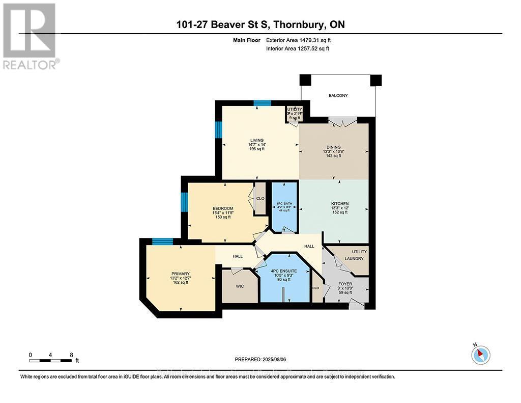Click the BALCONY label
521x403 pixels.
point(338,95)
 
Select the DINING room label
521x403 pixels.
point(334,147)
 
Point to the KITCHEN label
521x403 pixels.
point(339,204)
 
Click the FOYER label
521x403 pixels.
point(345,284)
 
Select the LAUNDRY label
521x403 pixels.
point(355,258)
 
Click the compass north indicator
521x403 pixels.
point(480,354)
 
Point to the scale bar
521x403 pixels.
point(51,361)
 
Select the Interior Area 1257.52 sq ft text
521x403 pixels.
point(298,49)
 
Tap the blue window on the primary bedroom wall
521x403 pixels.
point(162,241)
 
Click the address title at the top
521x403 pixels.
point(260,24)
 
